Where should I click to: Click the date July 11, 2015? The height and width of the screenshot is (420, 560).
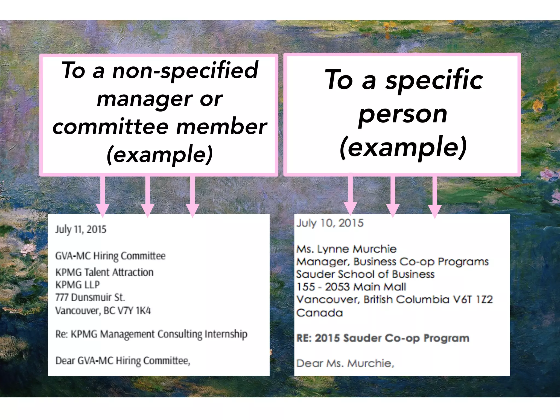[81, 229]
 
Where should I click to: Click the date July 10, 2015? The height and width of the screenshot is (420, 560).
[330, 223]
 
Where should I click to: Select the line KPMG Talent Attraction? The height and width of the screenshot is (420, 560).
[104, 272]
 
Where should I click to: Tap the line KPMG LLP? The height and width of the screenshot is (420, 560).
[77, 285]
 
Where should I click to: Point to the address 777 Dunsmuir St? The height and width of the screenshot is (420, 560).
[90, 297]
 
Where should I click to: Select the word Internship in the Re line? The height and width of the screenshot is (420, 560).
[226, 334]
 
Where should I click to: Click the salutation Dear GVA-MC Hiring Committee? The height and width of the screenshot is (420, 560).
[122, 361]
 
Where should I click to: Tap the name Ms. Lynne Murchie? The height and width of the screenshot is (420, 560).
[346, 249]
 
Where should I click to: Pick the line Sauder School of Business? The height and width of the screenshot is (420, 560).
[365, 274]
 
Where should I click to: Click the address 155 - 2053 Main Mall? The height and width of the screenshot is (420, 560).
[351, 287]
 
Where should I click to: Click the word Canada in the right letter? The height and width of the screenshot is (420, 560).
[319, 313]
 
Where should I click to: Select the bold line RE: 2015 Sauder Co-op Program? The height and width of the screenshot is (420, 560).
[383, 338]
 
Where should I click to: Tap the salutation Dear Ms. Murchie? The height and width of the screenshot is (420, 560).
[345, 363]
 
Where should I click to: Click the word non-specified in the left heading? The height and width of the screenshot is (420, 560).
[185, 71]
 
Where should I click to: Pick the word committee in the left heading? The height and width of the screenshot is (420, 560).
[111, 127]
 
